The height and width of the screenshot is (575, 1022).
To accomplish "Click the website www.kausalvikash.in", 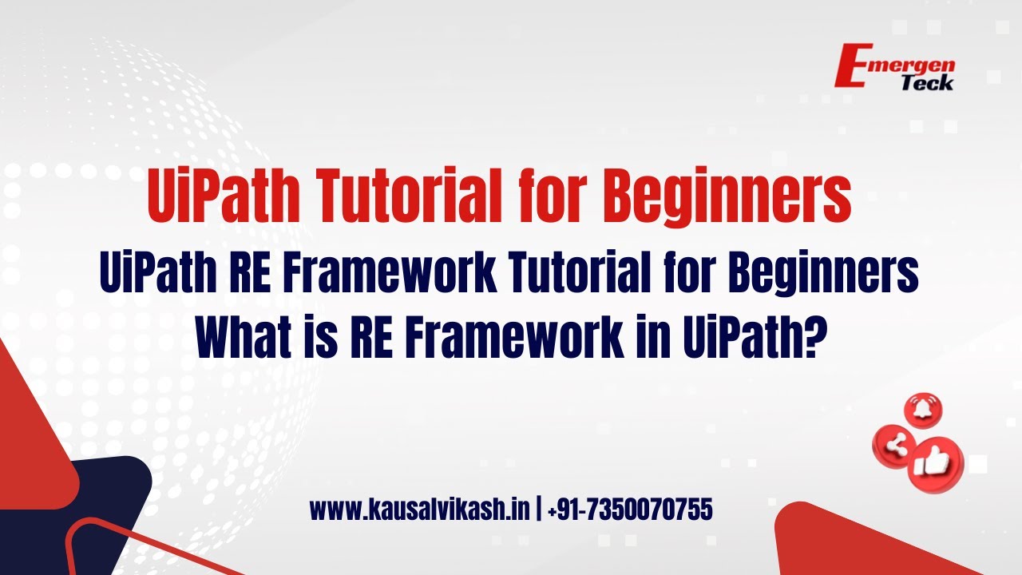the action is click(x=420, y=510).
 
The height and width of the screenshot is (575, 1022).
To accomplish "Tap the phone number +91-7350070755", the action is click(x=630, y=510).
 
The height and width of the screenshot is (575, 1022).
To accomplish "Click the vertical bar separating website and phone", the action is click(x=539, y=510).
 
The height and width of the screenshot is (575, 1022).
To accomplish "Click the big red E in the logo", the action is click(x=854, y=65).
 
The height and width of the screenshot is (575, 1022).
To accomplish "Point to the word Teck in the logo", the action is click(x=927, y=83).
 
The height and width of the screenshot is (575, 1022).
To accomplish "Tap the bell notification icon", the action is click(x=923, y=410).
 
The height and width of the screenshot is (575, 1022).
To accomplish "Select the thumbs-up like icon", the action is click(x=935, y=465).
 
